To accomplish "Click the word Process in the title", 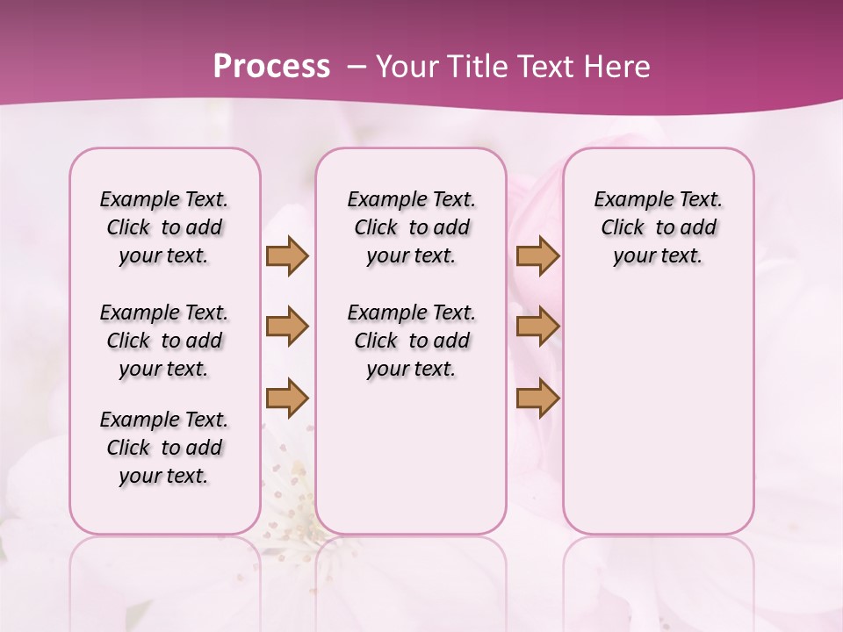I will tap(271, 67).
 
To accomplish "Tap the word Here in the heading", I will tap(618, 67).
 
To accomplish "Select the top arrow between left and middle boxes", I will tap(287, 255).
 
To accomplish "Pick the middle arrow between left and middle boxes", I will tap(287, 327).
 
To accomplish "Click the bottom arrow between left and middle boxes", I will tap(287, 398).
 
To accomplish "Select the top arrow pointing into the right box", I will tap(537, 255).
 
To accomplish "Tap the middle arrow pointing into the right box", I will tap(537, 327).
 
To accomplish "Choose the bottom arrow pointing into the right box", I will tap(537, 398).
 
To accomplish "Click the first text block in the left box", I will tap(164, 227).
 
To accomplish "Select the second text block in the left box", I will tap(164, 341).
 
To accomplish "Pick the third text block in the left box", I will tap(164, 448).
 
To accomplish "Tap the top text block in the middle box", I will tap(411, 227).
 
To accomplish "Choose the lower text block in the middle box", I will tap(411, 341).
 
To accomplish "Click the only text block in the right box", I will tap(658, 227).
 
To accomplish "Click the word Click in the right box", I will tap(623, 228).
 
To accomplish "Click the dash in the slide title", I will tap(357, 67).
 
